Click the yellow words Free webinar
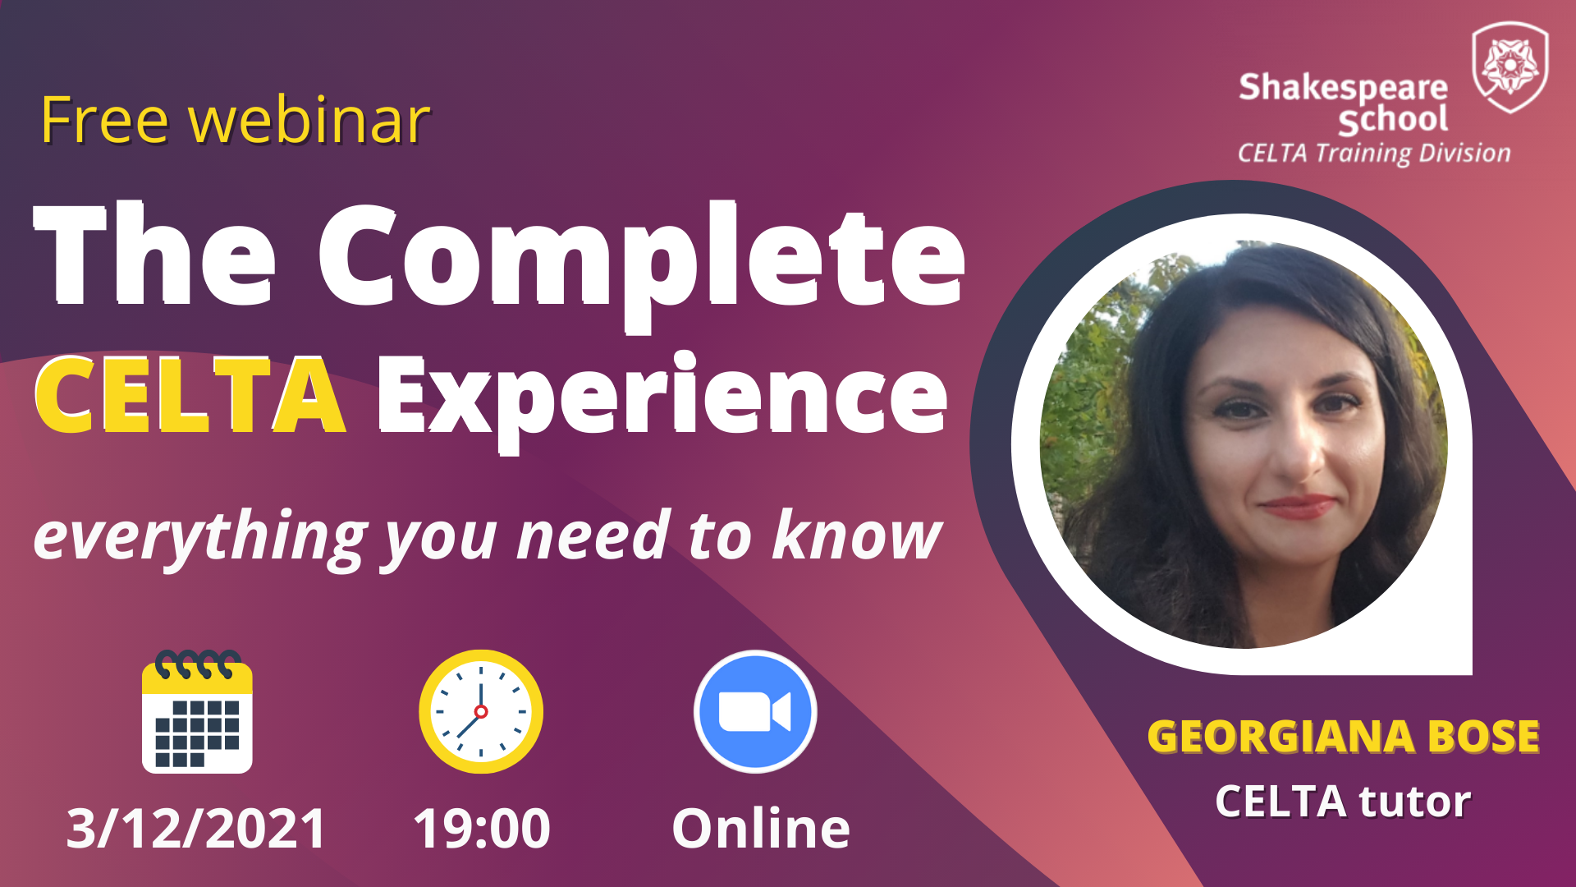[x=236, y=120]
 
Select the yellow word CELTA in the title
[x=190, y=395]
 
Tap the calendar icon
[x=197, y=711]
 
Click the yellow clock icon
[x=481, y=711]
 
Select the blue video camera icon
[x=755, y=711]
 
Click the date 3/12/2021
[x=197, y=828]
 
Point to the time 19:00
[x=482, y=828]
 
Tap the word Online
[x=761, y=828]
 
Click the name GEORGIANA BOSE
[x=1343, y=737]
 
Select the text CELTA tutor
[x=1343, y=802]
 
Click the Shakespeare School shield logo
[x=1510, y=67]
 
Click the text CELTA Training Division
[x=1374, y=154]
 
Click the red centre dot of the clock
[x=481, y=712]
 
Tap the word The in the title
[x=154, y=255]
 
